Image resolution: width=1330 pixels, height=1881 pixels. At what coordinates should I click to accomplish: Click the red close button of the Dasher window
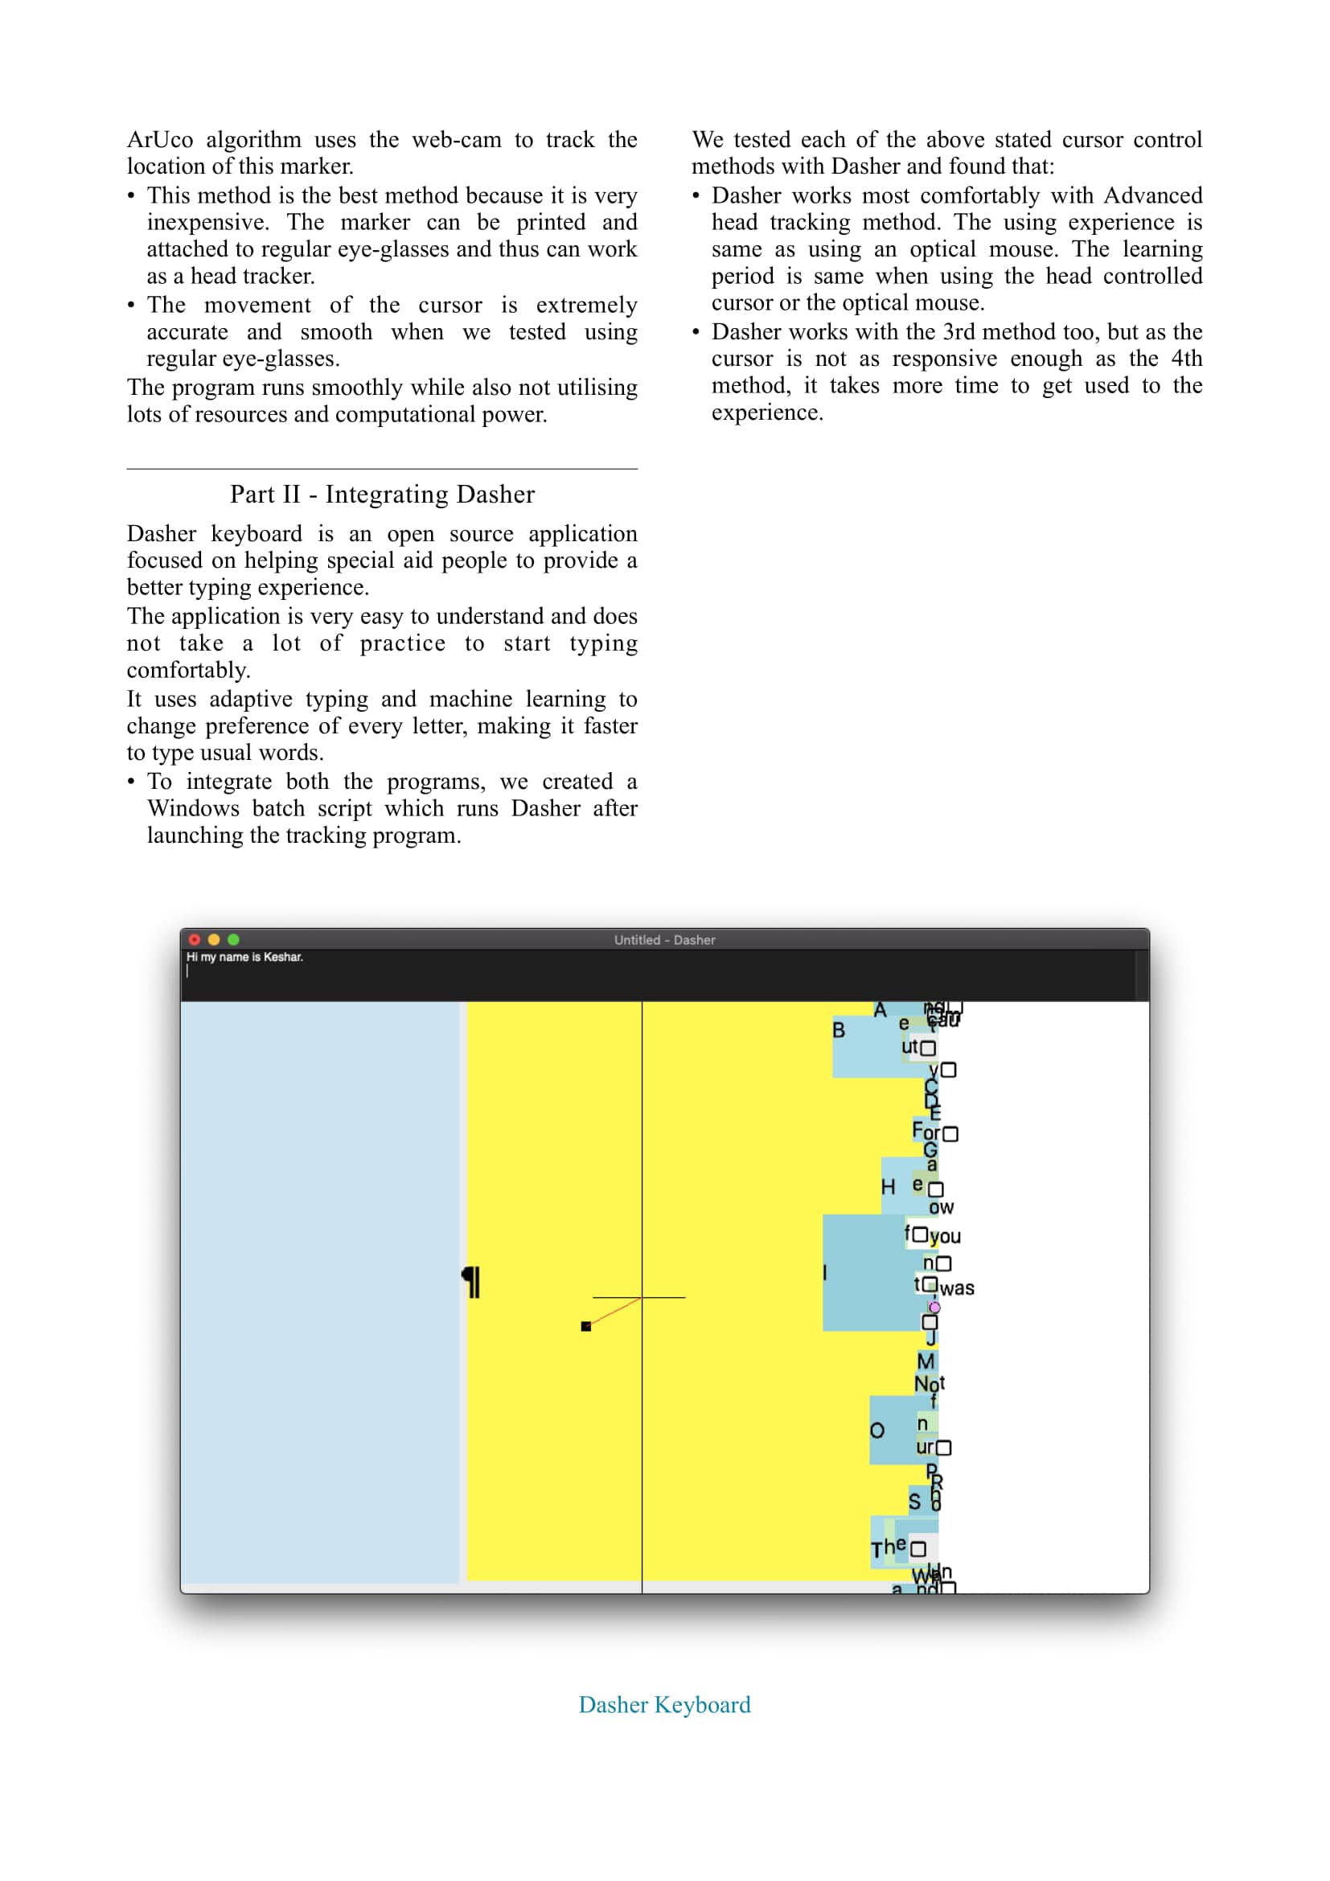(194, 939)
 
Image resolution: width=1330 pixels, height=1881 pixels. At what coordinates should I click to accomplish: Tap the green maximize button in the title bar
(233, 939)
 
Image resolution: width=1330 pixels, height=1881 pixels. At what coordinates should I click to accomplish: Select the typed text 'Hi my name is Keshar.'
(244, 957)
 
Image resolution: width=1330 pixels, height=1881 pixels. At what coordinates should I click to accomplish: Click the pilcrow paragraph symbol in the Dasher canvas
(471, 1282)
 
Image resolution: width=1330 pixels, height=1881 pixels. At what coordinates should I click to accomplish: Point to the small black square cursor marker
(585, 1326)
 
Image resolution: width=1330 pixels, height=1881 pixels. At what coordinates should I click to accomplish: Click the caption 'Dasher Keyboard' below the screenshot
(664, 1705)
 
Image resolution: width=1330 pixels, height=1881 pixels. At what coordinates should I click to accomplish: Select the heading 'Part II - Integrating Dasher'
(382, 495)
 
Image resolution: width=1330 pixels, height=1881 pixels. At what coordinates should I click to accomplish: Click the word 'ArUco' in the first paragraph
(160, 140)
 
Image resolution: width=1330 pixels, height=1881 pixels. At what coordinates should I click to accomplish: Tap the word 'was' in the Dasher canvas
(957, 1288)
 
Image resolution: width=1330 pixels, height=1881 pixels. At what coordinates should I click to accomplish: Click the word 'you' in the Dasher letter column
(945, 1236)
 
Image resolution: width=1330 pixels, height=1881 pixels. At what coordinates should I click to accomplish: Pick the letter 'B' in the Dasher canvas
(839, 1030)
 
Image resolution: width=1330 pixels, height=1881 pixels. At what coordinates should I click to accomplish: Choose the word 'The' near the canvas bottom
(888, 1548)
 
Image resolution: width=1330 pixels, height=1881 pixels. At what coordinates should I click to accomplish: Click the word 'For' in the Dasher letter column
(926, 1132)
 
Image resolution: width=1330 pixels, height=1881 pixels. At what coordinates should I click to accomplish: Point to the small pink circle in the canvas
(934, 1308)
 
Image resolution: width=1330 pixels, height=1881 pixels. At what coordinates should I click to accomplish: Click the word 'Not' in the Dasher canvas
(929, 1385)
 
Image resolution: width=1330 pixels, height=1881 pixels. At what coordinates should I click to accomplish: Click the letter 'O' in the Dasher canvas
(877, 1431)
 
